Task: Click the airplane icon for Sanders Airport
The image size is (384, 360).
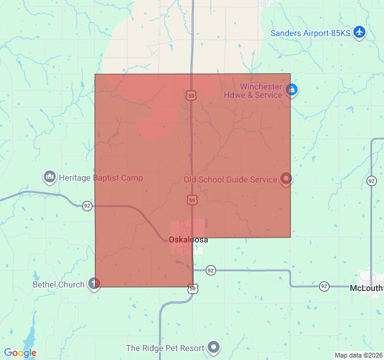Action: (x=359, y=32)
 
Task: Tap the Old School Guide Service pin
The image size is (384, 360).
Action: (x=286, y=178)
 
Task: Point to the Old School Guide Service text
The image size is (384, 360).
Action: (x=230, y=179)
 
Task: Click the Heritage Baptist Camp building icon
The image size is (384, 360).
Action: (x=49, y=177)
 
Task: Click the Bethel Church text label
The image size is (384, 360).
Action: (x=59, y=284)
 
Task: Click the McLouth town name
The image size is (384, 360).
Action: (x=365, y=288)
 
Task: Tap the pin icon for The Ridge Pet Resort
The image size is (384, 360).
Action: (x=214, y=347)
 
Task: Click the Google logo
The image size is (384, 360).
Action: (x=20, y=353)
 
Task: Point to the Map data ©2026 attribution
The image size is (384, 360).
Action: (x=358, y=355)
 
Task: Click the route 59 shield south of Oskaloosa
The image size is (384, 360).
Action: (x=192, y=289)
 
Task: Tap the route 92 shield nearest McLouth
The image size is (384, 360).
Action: (x=324, y=286)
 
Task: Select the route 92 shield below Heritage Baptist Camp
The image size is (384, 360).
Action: (x=87, y=205)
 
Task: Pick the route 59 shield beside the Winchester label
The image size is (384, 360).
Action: (x=191, y=95)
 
